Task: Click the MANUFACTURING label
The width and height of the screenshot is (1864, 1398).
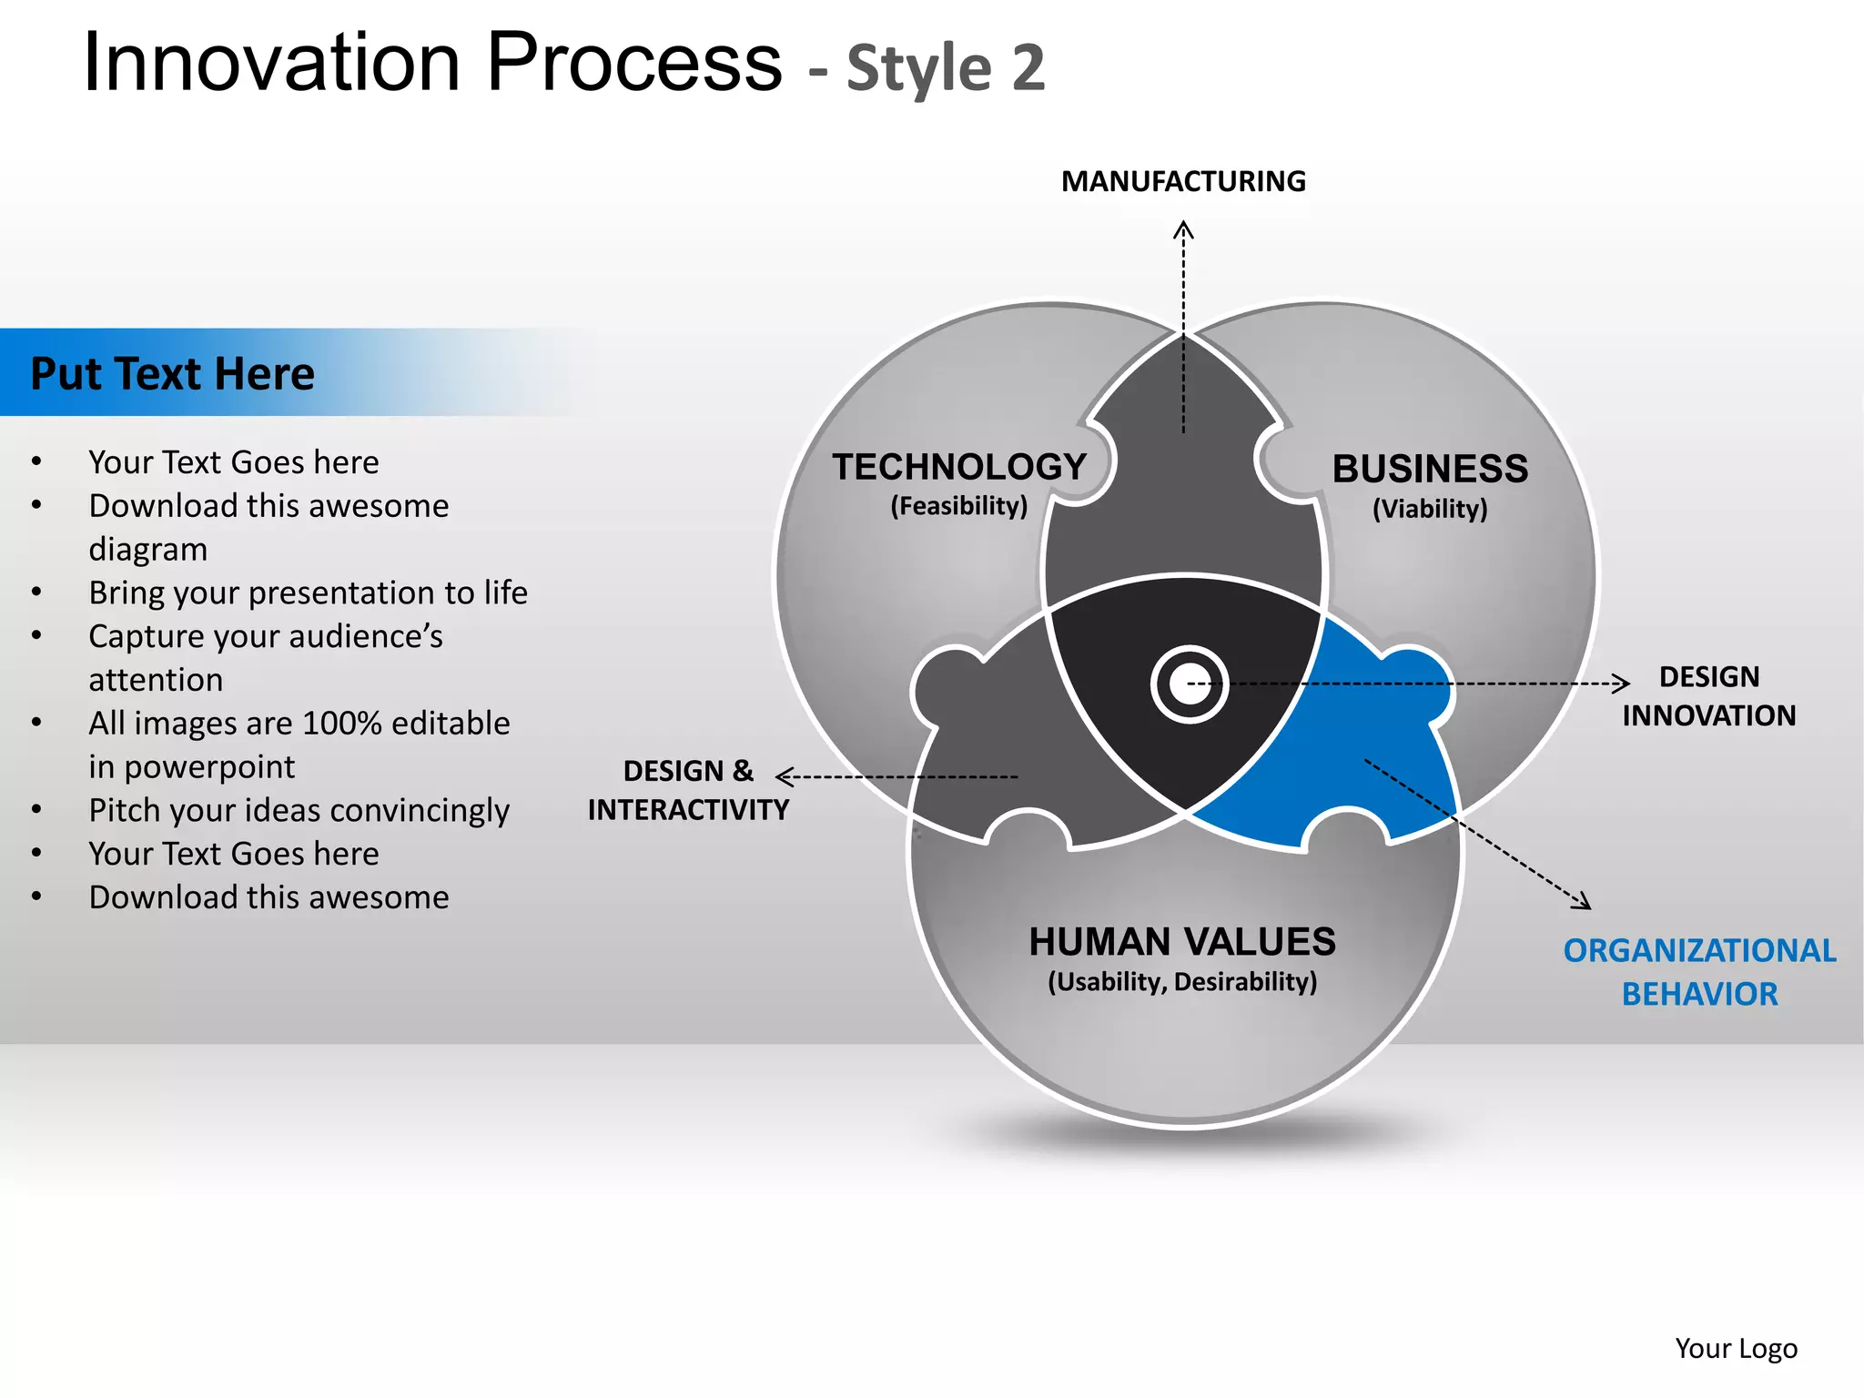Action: (x=1183, y=182)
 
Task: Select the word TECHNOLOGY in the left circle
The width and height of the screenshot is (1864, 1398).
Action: (x=959, y=467)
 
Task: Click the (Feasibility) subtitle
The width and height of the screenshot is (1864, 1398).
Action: (x=959, y=506)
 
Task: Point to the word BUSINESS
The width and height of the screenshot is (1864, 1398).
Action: (x=1430, y=469)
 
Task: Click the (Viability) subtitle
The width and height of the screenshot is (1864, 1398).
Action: (x=1430, y=509)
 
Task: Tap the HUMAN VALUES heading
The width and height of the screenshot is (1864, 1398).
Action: (x=1182, y=942)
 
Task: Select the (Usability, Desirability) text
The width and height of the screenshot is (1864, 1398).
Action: (x=1182, y=982)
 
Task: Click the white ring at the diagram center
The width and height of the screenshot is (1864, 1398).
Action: (x=1190, y=684)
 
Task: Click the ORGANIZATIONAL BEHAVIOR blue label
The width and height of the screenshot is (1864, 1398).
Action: (x=1699, y=972)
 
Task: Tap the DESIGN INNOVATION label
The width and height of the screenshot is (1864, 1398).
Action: (x=1708, y=696)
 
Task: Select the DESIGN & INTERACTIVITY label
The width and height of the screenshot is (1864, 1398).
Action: (x=689, y=790)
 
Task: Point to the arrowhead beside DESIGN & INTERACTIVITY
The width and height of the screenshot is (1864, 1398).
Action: (x=785, y=776)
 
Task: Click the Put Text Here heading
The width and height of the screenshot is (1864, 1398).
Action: (x=173, y=374)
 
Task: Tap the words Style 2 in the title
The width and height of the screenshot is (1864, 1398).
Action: (x=946, y=68)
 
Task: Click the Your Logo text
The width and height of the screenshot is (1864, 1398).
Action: (x=1736, y=1348)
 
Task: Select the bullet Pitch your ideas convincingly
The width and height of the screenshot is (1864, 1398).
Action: (x=299, y=810)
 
